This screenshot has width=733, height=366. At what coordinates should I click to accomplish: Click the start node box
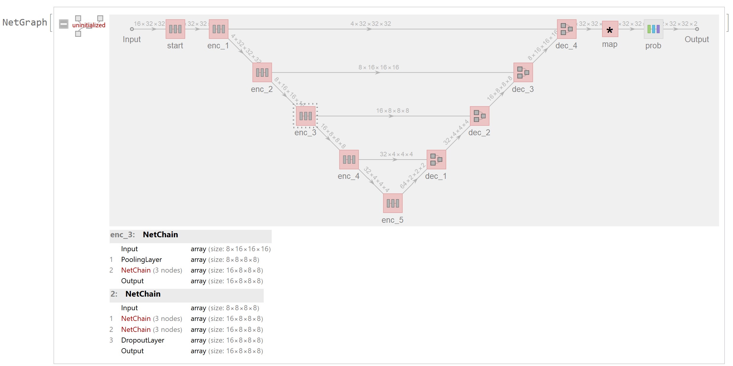(175, 29)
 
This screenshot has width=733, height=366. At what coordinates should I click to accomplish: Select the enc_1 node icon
(219, 29)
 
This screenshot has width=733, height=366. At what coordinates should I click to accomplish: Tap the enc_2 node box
(262, 72)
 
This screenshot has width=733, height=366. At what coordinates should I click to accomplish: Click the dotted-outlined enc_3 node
(305, 116)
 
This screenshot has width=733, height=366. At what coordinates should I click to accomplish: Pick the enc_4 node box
(349, 160)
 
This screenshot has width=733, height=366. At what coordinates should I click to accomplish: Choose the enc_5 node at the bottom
(393, 203)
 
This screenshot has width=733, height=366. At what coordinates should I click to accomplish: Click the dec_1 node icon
(436, 160)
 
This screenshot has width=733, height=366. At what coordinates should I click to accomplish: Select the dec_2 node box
(479, 116)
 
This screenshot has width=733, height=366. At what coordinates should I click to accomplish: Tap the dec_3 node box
(523, 72)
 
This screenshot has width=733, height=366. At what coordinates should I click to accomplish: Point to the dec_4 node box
(566, 29)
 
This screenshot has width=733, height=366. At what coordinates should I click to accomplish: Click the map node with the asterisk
(610, 29)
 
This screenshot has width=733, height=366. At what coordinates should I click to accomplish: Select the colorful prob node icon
(653, 29)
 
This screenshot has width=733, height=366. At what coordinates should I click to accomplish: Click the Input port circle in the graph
(132, 29)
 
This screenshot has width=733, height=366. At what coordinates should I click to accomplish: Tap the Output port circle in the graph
(697, 29)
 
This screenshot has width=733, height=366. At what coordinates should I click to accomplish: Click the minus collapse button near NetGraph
(63, 24)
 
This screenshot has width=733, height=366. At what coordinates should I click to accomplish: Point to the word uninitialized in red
(89, 25)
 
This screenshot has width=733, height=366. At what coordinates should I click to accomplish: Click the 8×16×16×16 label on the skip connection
(378, 67)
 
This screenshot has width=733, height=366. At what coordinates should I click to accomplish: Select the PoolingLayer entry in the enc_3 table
(141, 260)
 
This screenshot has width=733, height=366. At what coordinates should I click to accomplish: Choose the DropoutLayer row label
(143, 340)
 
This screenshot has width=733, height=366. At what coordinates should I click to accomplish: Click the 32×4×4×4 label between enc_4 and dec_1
(396, 154)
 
